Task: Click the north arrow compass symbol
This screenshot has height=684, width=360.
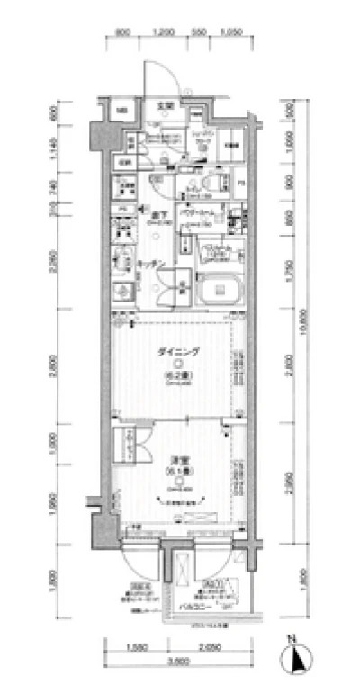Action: tap(294, 654)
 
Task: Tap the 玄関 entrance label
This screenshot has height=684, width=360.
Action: tap(165, 107)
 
